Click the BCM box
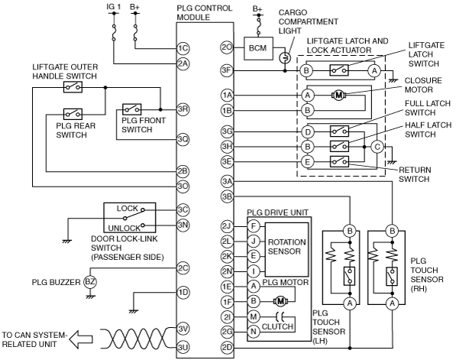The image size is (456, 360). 258,48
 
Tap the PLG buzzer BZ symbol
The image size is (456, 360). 90,282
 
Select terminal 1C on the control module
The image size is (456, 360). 183,48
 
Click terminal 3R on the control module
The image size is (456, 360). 183,109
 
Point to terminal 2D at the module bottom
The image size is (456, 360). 227,348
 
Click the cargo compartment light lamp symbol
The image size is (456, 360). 285,58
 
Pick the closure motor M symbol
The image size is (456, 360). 338,95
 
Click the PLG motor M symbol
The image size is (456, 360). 280,301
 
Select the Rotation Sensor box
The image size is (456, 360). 286,249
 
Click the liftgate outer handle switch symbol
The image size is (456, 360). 73,86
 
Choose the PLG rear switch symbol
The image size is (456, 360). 73,114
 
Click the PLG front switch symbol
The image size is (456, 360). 132,109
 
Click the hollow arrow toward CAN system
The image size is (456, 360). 81,339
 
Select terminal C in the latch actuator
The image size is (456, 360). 377,147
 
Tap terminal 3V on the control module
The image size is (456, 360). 183,329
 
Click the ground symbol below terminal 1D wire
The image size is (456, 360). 133,311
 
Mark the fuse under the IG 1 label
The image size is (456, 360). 114,33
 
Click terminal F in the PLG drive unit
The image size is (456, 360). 254,226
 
